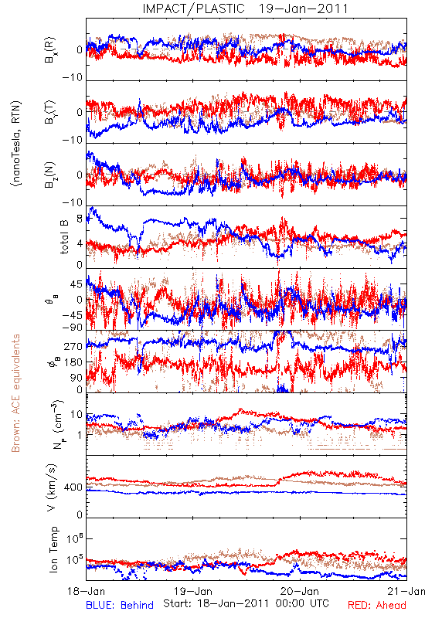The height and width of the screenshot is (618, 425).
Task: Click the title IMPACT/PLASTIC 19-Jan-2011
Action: click(x=245, y=8)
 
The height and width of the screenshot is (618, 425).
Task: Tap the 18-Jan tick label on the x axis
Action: click(x=87, y=591)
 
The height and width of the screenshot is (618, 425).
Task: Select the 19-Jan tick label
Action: click(x=193, y=591)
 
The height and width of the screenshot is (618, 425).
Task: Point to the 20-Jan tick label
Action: click(x=300, y=591)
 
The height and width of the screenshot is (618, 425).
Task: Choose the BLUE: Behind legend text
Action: click(x=120, y=605)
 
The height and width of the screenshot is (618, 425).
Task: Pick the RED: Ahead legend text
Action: click(x=377, y=605)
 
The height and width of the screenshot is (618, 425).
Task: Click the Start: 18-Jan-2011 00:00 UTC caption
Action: click(x=246, y=603)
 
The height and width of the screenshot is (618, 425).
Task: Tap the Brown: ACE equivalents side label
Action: click(x=15, y=393)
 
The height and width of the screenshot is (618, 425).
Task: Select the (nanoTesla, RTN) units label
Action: click(x=16, y=144)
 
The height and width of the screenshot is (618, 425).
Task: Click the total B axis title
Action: click(x=63, y=237)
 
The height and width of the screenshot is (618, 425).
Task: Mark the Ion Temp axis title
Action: click(x=53, y=549)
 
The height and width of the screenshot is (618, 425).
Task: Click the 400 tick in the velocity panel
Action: click(x=73, y=487)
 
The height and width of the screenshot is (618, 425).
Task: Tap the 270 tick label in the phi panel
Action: click(x=73, y=346)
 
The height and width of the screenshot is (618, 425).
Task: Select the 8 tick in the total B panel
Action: click(x=80, y=219)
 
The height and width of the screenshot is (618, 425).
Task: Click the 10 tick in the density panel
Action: click(x=76, y=415)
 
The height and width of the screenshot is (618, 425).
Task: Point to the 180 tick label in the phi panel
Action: click(x=73, y=362)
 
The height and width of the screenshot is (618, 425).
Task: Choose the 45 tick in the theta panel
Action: click(x=76, y=284)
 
